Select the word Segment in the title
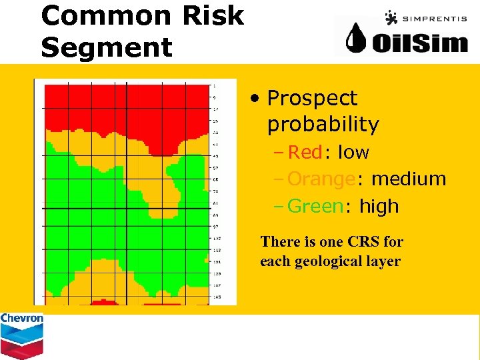106,47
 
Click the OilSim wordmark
419,43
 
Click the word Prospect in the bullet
312,99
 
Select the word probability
323,125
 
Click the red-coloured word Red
305,153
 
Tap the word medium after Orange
408,179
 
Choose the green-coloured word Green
315,207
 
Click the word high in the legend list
379,207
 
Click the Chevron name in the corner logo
21,319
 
